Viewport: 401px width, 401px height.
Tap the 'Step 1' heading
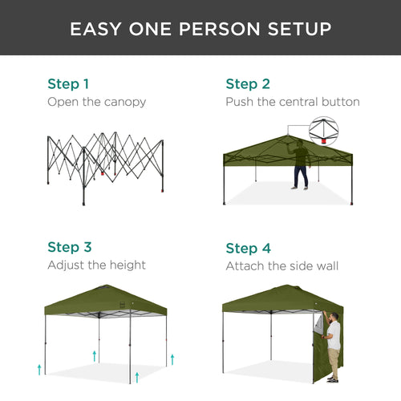(x=68, y=83)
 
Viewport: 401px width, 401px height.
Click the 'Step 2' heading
(x=248, y=83)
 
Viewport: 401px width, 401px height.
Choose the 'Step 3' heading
(x=68, y=247)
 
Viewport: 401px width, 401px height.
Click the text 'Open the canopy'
(x=96, y=102)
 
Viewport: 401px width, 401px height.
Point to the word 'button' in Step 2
(x=339, y=102)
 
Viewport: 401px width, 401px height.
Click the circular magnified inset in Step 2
(x=324, y=132)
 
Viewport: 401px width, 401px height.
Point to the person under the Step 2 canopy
(x=300, y=164)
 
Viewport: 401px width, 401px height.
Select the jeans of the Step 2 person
(x=300, y=177)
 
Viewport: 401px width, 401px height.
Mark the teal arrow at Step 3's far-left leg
(x=38, y=368)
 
